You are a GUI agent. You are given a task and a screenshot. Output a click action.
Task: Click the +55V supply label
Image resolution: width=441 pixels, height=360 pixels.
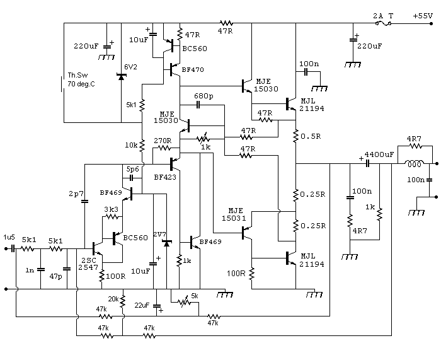click(423, 16)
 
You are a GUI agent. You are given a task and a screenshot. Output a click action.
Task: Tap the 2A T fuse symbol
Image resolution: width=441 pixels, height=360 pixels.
click(383, 24)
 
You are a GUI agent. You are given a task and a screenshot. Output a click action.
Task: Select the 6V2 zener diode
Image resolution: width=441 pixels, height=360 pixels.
click(121, 76)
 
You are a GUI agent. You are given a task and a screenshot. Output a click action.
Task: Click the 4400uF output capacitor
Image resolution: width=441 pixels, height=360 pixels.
click(367, 163)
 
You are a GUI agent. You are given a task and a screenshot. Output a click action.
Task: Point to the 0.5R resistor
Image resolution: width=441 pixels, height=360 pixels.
click(295, 136)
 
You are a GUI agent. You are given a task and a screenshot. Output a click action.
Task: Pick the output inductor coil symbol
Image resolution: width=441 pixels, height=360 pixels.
click(414, 163)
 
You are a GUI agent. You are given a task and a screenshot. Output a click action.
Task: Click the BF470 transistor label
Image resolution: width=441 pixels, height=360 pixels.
click(193, 69)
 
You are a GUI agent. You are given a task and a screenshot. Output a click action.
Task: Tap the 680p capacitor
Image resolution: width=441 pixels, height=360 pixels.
click(198, 105)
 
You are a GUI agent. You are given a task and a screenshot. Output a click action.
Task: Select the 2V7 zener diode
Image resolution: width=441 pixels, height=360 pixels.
click(167, 243)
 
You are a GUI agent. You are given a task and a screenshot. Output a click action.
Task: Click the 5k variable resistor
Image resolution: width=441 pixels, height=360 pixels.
click(185, 302)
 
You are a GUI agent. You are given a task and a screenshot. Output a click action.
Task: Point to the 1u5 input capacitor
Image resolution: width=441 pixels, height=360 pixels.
click(13, 249)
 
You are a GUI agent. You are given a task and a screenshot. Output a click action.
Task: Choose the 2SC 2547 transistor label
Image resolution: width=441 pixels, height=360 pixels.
click(88, 264)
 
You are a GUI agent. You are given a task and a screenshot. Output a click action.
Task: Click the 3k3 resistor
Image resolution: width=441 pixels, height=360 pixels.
click(112, 217)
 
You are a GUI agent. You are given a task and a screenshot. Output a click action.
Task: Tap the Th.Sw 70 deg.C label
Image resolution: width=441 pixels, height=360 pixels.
click(81, 79)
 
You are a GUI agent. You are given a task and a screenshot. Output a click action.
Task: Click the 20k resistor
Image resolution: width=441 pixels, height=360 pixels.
click(122, 301)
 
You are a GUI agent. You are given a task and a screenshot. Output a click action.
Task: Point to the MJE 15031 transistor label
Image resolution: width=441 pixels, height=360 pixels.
click(234, 214)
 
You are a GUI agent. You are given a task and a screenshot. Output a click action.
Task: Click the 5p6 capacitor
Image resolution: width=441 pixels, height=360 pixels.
click(131, 178)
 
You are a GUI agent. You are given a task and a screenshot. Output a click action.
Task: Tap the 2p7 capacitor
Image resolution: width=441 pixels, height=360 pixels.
click(84, 201)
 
